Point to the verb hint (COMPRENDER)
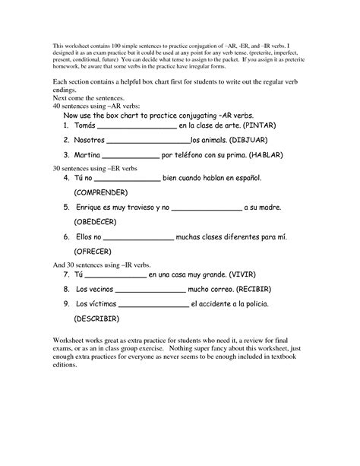(106, 192)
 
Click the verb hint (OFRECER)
(93, 250)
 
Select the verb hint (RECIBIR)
(263, 290)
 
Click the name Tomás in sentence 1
(87, 125)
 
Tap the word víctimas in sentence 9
(101, 303)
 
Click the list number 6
(67, 237)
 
